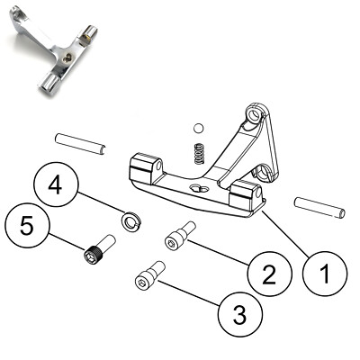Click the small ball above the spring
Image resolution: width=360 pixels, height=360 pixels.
point(199,126)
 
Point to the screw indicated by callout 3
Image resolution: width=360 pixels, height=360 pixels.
point(148,274)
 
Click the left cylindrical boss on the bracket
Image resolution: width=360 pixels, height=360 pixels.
point(142,168)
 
